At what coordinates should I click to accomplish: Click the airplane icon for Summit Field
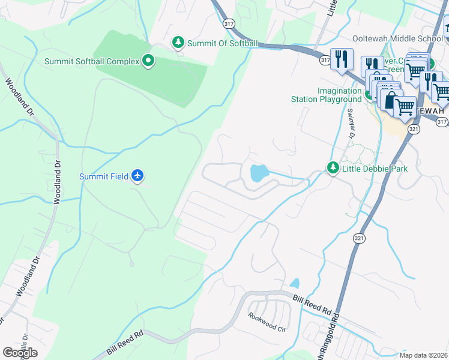[139, 176]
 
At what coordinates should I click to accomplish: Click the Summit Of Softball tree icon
[178, 43]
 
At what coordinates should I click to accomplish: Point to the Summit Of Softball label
[222, 43]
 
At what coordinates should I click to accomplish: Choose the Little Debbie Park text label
[375, 169]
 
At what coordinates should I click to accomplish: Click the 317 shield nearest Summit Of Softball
[228, 23]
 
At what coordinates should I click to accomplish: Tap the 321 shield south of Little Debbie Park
[358, 238]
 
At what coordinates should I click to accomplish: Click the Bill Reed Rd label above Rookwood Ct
[312, 305]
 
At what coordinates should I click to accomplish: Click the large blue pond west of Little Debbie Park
[259, 174]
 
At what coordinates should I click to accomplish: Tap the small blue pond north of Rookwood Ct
[294, 283]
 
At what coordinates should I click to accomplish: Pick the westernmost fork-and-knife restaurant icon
[341, 59]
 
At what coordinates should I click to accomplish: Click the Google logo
[20, 352]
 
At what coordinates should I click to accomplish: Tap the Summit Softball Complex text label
[91, 61]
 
